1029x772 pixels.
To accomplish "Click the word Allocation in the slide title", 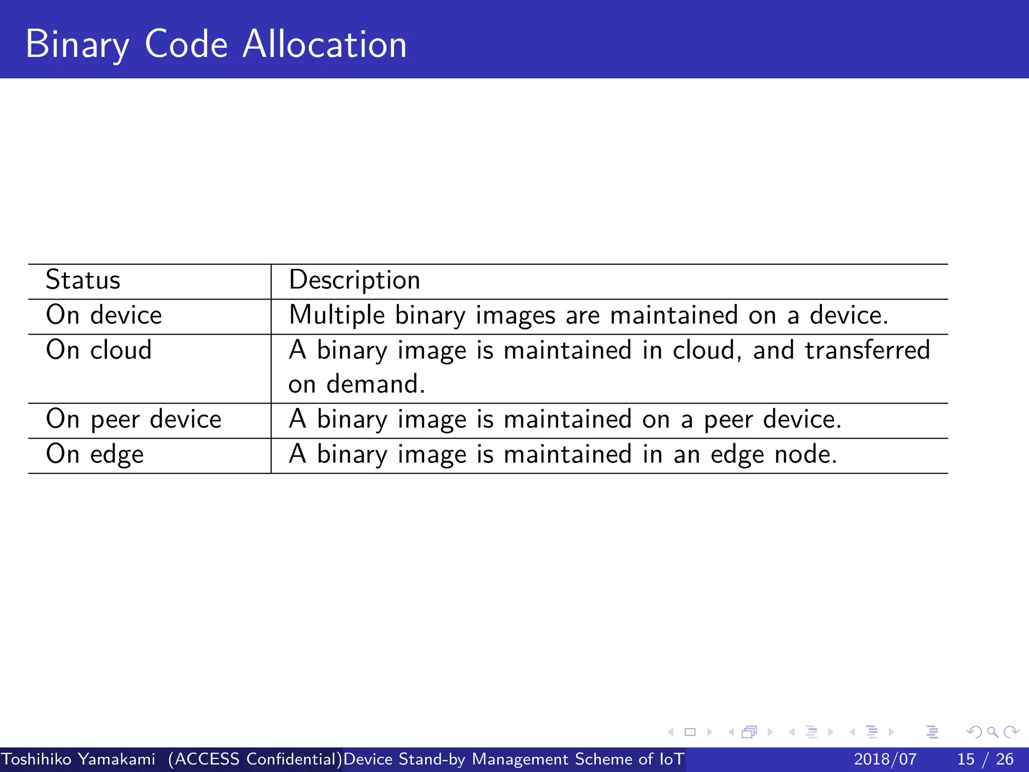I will pos(325,44).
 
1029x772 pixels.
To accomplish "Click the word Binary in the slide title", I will pos(77,45).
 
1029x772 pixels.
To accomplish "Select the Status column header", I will pos(83,280).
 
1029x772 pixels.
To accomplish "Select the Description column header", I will pos(354,280).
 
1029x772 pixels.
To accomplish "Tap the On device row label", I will pos(104,315).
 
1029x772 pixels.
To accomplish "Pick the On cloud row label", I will pos(98,350).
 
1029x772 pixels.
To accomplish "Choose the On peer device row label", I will pos(133,419).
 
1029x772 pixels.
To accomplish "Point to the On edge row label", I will pos(94,454).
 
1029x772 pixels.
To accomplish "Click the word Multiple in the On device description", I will pos(337,316).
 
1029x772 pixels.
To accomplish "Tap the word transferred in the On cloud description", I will pos(867,350).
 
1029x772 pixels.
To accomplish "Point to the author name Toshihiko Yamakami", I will pos(78,759).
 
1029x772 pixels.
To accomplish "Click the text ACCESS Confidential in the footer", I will pos(255,759).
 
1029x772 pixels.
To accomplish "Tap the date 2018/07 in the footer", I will pos(885,759).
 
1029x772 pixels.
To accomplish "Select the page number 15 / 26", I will pos(985,759).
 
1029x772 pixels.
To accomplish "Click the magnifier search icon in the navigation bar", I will pos(992,732).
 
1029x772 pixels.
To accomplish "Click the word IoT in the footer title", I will pos(671,759).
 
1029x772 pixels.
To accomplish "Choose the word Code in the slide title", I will pos(186,44).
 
